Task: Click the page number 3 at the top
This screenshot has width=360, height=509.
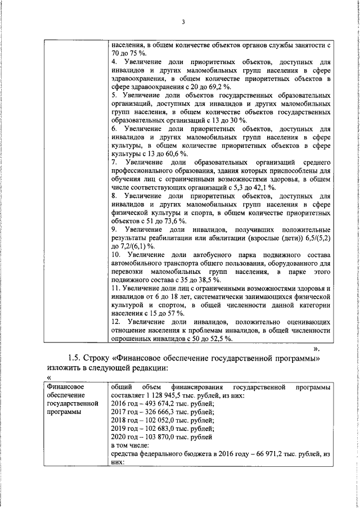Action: click(x=183, y=22)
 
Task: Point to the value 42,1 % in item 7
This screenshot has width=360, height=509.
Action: click(x=263, y=187)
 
